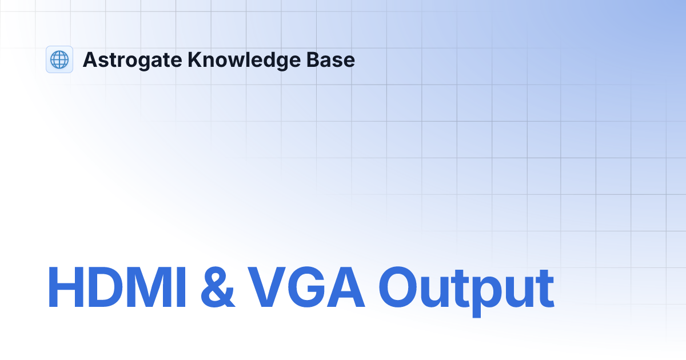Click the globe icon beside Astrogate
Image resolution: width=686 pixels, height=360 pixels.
pyautogui.click(x=59, y=59)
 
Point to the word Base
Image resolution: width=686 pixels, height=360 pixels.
pyautogui.click(x=334, y=59)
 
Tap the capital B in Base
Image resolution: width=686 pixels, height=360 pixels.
pyautogui.click(x=318, y=59)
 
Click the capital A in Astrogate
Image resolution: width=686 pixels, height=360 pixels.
pyautogui.click(x=89, y=59)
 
